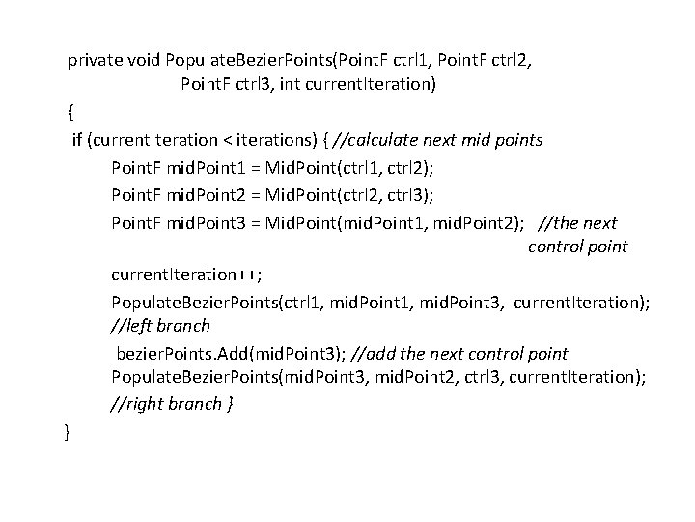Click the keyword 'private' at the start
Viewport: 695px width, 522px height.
(95, 60)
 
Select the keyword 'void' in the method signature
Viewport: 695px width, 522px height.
(144, 60)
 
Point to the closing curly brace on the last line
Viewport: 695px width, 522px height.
(66, 431)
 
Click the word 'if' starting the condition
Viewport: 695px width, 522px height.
(78, 140)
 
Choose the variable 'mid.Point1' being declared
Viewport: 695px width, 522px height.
(212, 167)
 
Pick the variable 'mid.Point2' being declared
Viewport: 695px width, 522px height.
(212, 195)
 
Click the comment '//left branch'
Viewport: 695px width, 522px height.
(161, 326)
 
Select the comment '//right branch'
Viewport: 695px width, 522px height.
(167, 404)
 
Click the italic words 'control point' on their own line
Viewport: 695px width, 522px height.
(577, 246)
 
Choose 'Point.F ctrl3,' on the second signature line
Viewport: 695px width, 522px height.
(228, 84)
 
